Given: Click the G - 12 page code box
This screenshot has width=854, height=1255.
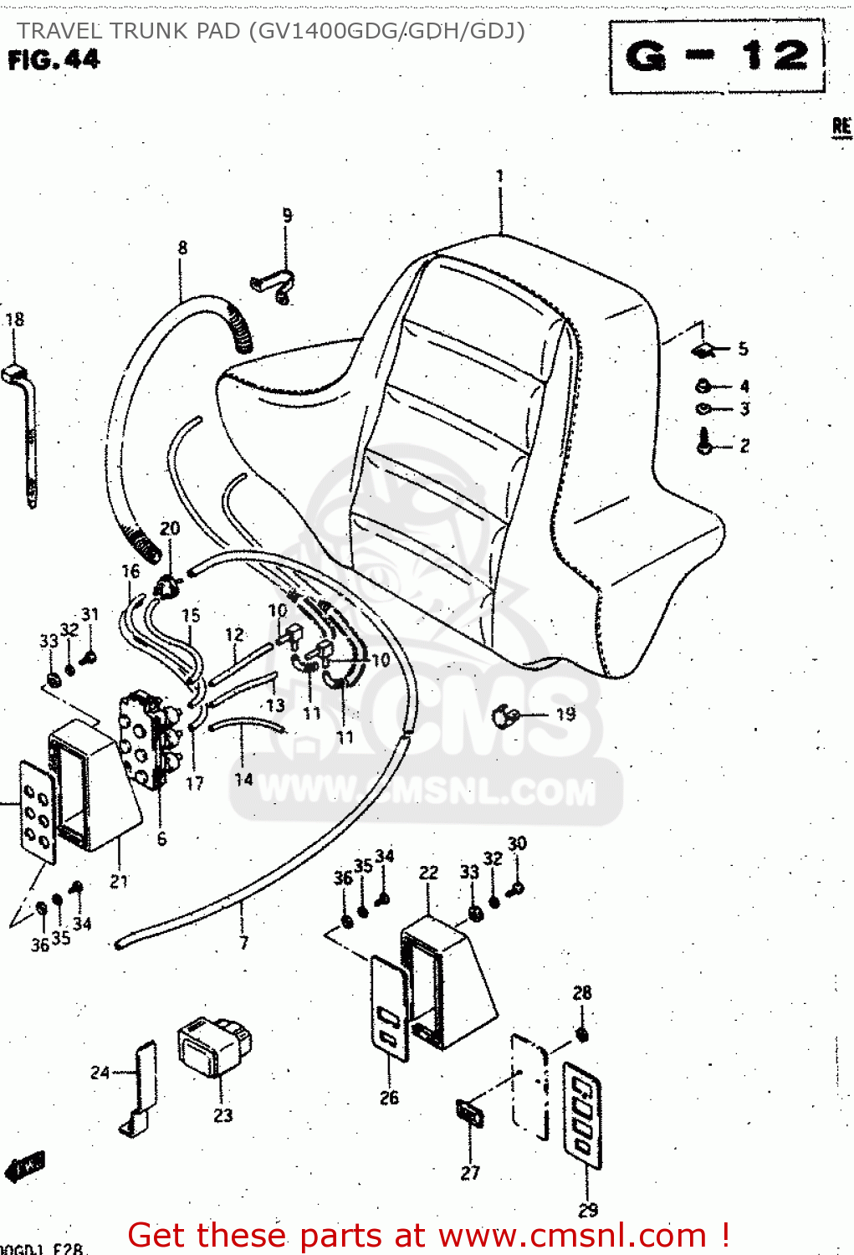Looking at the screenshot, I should (717, 56).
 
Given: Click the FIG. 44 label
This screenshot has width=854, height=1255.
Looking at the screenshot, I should (53, 60).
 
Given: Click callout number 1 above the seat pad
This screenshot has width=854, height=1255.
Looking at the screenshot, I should (500, 176).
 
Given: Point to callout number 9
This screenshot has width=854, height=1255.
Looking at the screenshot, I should (287, 215).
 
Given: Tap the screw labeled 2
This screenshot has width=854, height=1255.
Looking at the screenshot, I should (703, 441).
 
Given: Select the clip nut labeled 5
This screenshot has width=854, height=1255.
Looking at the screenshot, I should (703, 350).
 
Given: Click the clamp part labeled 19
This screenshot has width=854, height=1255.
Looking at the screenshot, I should (506, 716).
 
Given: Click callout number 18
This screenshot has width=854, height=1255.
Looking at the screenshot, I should (15, 319).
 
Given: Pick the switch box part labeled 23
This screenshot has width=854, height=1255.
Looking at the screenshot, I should (213, 1047).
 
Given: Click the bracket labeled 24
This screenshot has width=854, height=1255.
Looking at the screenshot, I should (144, 1088).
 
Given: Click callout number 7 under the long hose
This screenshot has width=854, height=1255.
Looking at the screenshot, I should (243, 943).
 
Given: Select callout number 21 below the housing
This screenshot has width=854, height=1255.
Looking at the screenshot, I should (119, 881).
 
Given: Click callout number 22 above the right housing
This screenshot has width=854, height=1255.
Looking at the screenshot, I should (428, 873).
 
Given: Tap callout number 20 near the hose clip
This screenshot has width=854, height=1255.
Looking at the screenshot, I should (170, 529).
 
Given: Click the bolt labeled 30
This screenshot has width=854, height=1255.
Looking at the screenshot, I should (517, 887).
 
